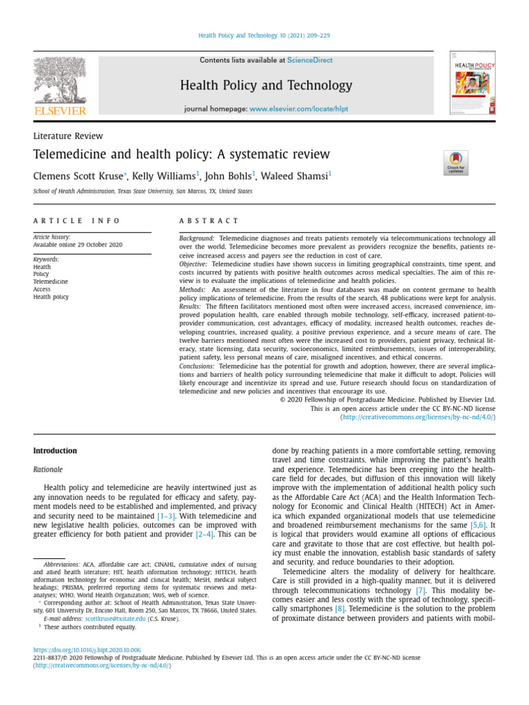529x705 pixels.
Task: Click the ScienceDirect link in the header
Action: coord(309,61)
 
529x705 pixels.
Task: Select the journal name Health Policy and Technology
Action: coord(266,85)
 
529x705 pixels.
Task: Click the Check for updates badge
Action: coord(456,163)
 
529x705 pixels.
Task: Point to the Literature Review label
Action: coord(68,136)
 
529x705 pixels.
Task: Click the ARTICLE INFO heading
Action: coord(76,221)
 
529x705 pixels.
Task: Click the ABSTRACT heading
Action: coord(209,221)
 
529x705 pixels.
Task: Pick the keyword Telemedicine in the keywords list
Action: coord(51,282)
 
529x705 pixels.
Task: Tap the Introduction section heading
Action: coord(55,451)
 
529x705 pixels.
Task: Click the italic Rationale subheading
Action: coord(48,470)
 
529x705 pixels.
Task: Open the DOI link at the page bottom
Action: coord(87,650)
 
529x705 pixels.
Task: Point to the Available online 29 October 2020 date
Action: coord(78,245)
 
